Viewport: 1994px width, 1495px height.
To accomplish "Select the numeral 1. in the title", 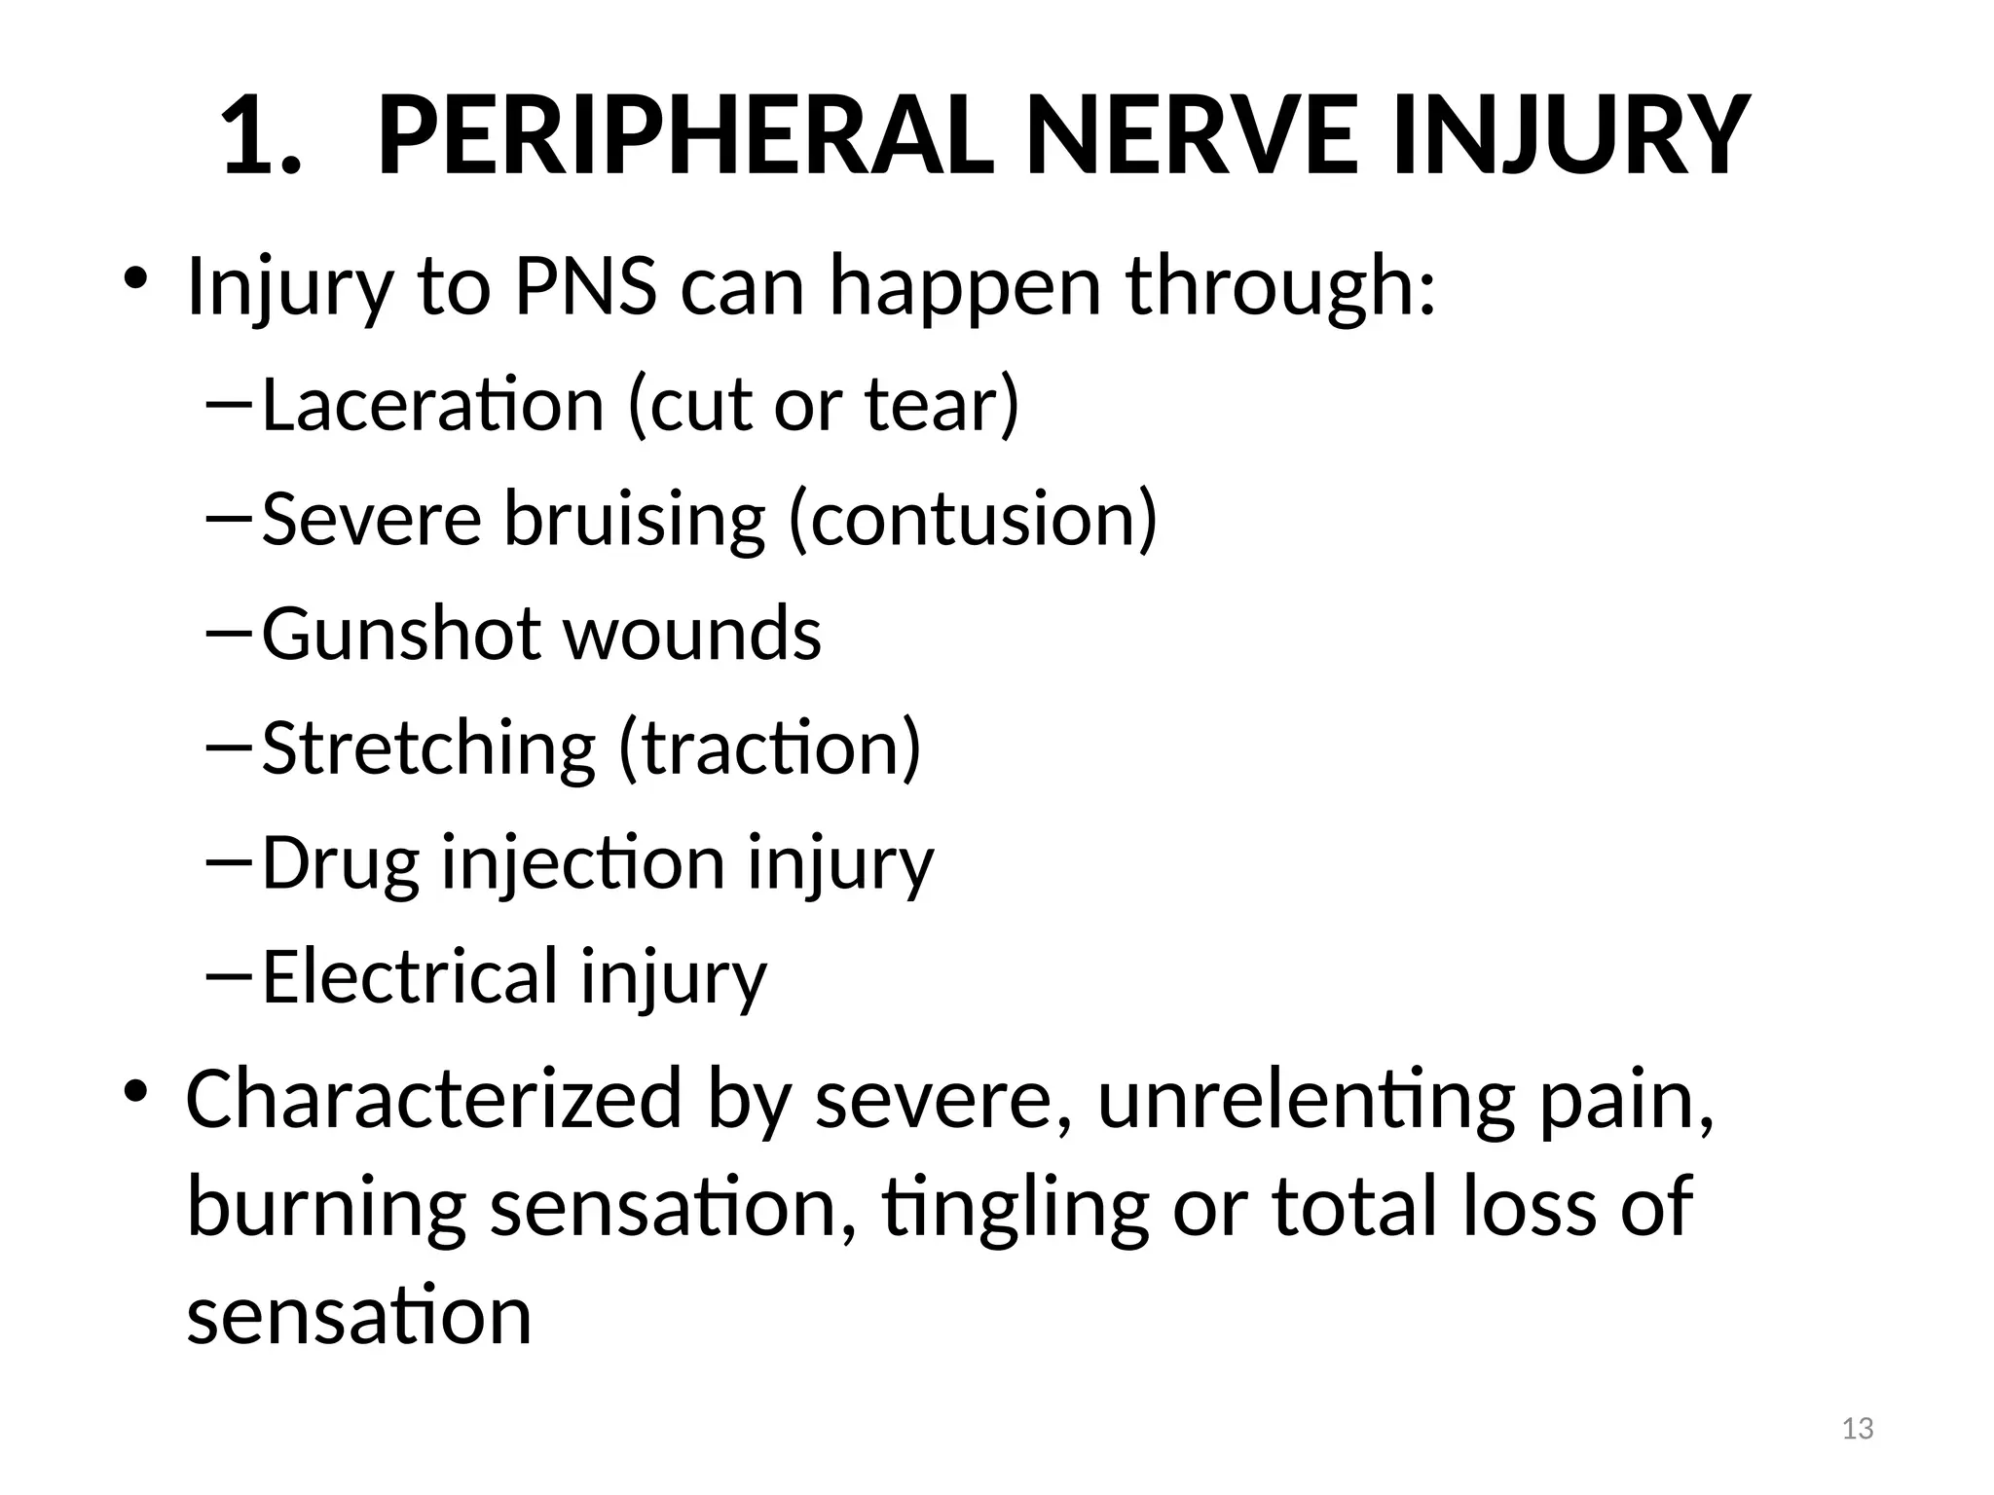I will tap(259, 136).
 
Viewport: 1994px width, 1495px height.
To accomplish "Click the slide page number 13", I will tap(1858, 1429).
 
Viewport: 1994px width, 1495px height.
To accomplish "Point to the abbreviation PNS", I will tap(585, 287).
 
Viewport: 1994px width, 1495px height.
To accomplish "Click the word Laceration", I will tap(432, 404).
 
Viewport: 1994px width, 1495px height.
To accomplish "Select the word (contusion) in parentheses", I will tap(973, 519).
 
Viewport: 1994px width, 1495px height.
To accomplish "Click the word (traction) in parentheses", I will tap(769, 748).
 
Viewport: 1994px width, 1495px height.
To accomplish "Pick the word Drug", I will tap(341, 863).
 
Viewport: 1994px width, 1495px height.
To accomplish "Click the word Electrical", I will tap(410, 976).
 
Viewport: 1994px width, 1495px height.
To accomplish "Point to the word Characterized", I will tap(434, 1099).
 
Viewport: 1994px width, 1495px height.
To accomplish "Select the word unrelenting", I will tap(1306, 1099).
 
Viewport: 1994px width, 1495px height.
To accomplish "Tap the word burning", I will tap(326, 1208).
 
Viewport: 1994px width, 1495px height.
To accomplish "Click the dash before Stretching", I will tap(228, 745).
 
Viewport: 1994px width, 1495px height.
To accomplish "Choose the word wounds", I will tap(692, 634).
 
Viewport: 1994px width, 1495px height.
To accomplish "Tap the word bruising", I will tap(634, 519).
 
